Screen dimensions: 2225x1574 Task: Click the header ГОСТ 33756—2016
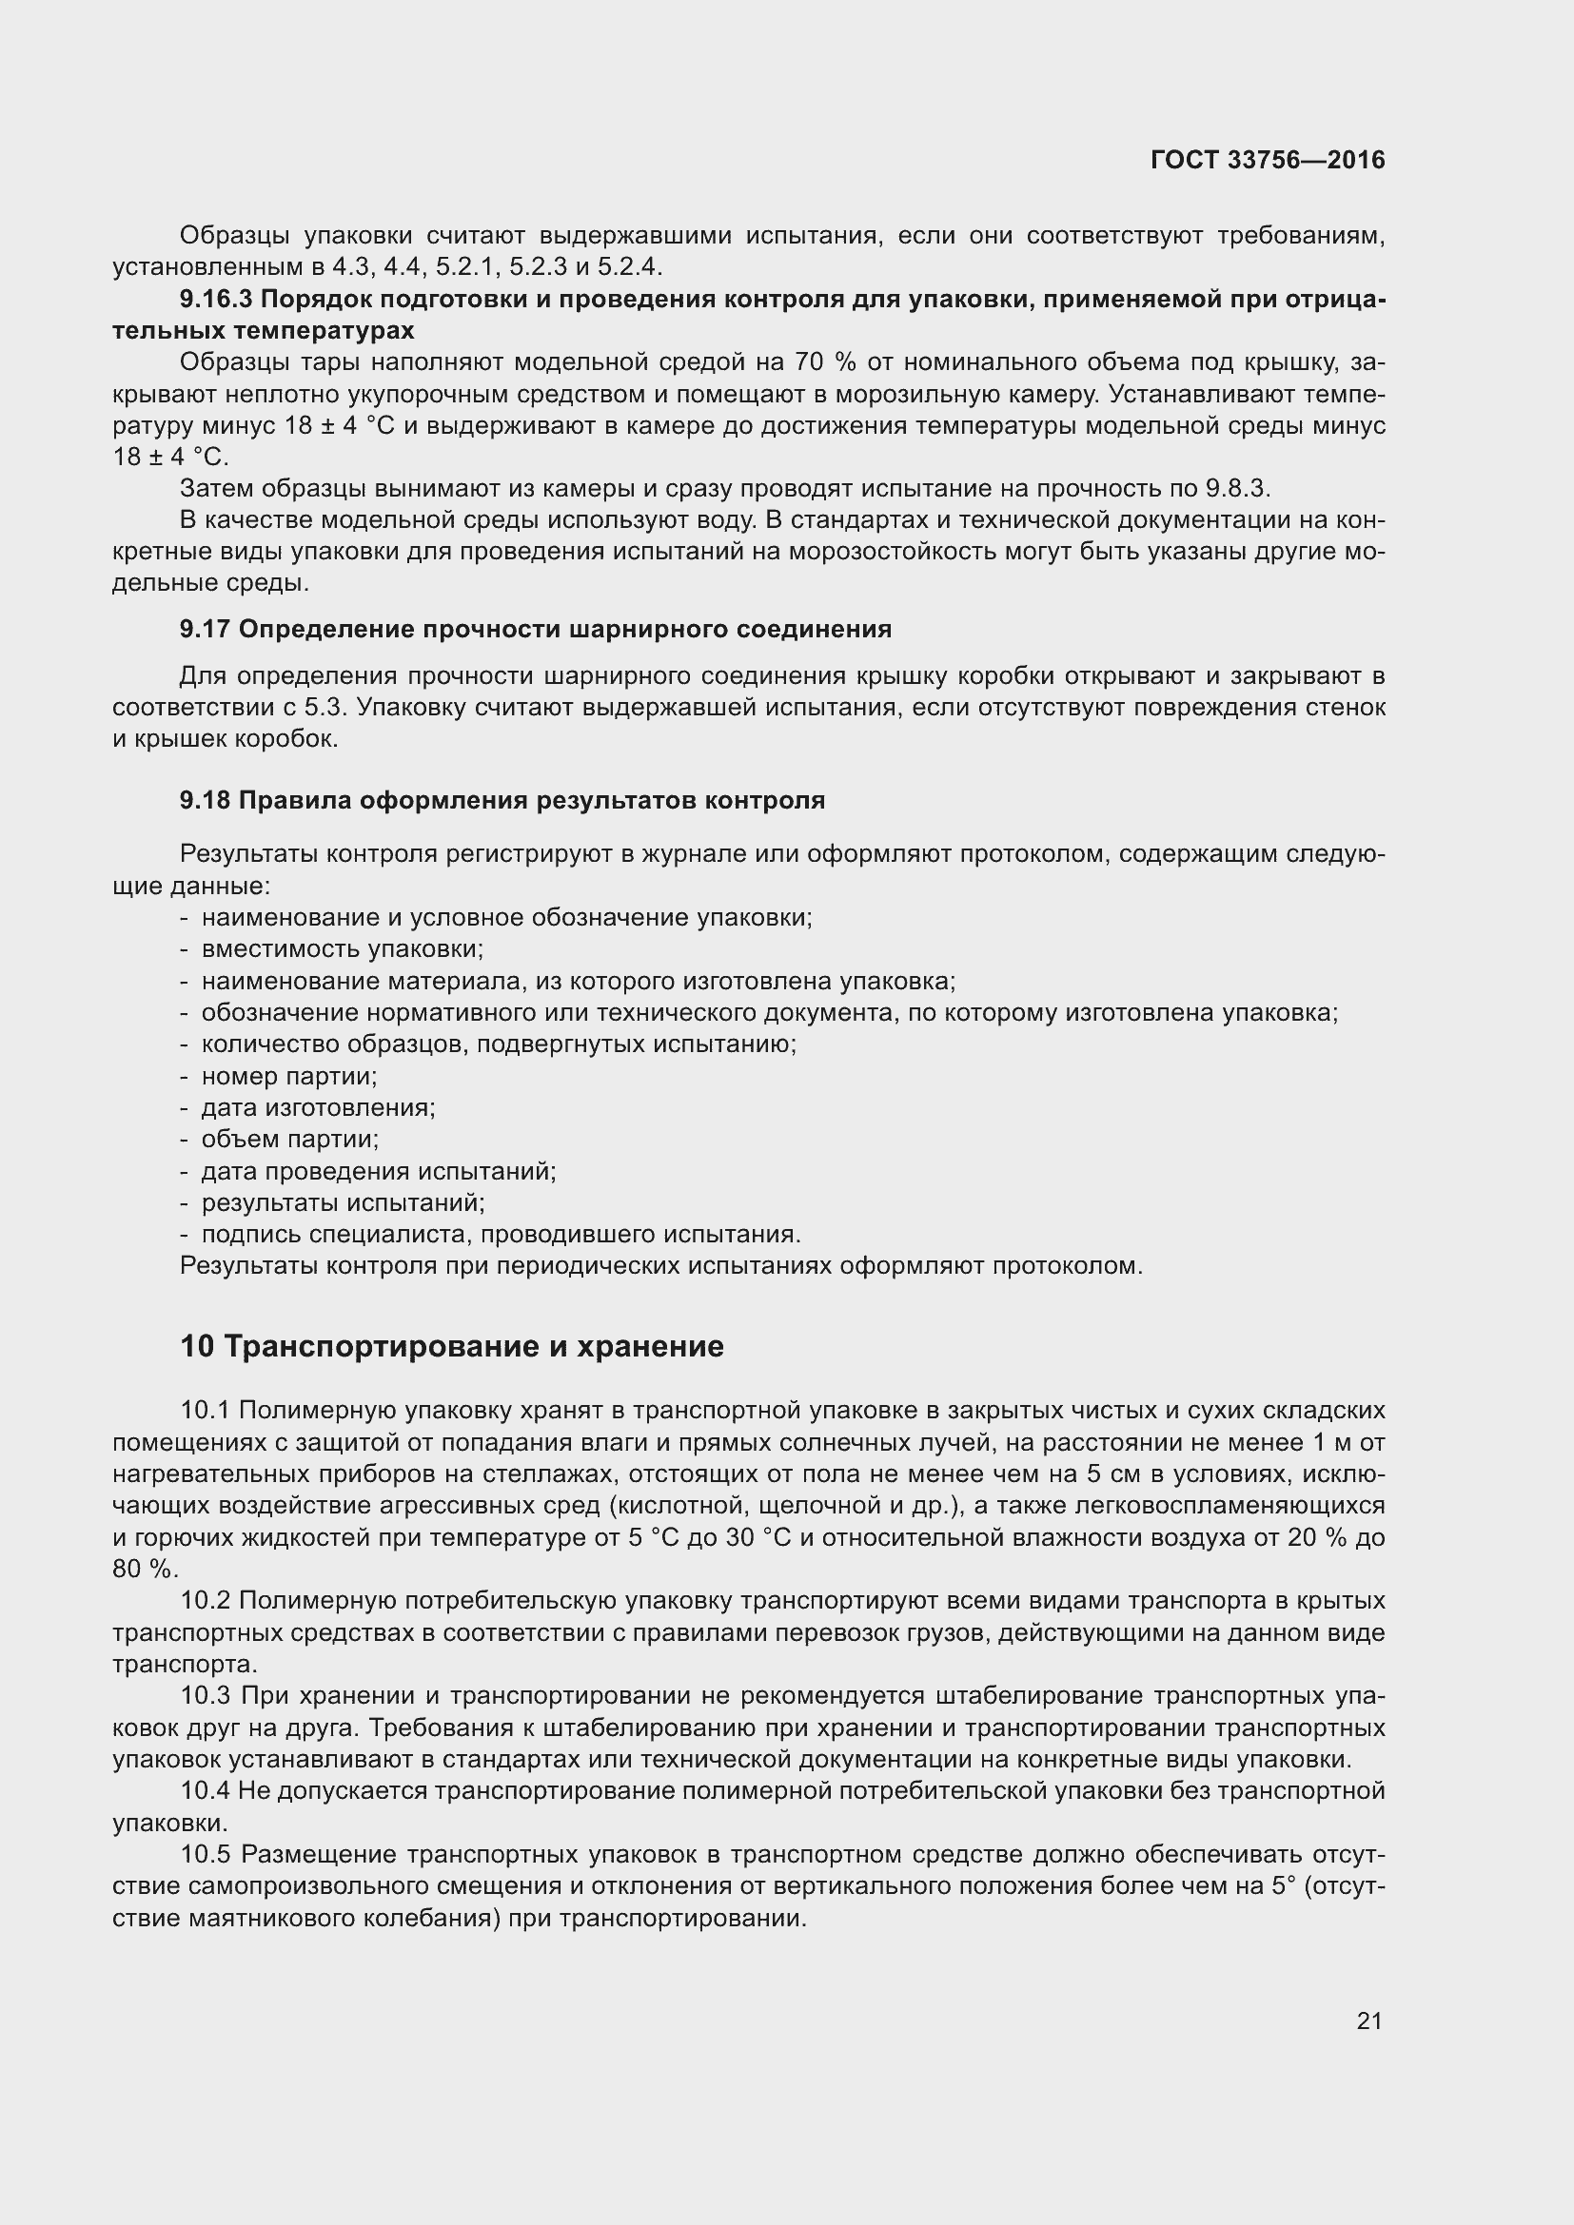coord(1267,160)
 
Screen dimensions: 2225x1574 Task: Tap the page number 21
coord(1368,2020)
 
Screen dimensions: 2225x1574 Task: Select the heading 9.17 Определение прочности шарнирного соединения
coord(535,629)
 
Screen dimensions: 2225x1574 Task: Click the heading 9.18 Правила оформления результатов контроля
coord(502,800)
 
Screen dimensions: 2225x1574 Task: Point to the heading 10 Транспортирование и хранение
coord(452,1346)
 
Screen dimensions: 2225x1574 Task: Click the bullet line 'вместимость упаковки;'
coord(343,948)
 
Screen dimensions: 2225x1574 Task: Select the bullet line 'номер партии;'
coord(289,1076)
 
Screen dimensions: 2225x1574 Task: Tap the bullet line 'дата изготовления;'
coord(318,1107)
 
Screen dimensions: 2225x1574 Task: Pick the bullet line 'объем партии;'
coord(290,1139)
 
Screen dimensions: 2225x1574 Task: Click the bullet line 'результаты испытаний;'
coord(343,1202)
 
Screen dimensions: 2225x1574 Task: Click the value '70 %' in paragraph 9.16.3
coord(825,362)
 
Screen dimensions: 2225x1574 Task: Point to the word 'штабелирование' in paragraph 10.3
coord(1035,1696)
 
